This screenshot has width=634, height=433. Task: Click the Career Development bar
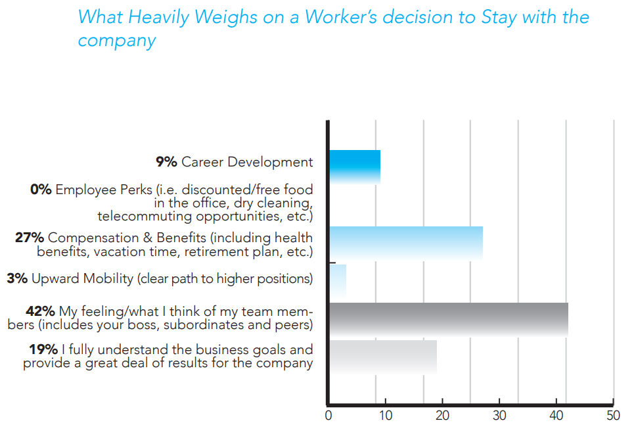355,166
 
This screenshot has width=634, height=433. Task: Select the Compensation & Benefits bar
405,243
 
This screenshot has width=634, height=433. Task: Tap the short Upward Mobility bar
338,281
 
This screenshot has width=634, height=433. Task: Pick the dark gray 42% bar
448,319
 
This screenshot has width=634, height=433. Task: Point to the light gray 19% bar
382,357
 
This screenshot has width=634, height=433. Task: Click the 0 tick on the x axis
328,415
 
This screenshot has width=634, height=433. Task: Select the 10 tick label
385,415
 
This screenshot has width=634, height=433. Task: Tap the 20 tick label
442,415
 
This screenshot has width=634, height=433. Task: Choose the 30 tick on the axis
499,415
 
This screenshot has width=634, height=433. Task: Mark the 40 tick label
556,415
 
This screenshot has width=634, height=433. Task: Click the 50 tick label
613,415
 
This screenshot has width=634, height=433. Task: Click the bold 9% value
166,162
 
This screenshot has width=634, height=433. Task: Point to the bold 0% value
41,190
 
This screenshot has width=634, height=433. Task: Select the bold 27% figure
30,238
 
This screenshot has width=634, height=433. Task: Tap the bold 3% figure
17,278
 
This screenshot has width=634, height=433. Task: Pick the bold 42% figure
40,311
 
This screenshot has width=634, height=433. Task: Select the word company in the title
116,40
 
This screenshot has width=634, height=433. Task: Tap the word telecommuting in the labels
150,216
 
